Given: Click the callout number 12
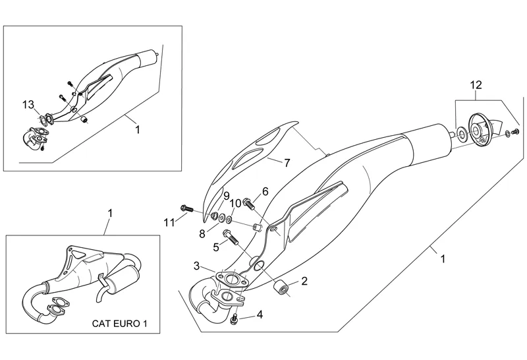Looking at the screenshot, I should point(476,84).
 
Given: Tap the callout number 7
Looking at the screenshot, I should point(287,161).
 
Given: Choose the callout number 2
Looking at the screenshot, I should point(304,282).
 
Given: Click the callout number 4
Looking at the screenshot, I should point(260,315).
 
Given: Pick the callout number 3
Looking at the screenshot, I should point(196,266).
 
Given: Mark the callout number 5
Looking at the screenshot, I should point(215,247).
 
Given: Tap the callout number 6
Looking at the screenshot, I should point(265,191).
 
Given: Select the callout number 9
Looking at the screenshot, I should point(225,196).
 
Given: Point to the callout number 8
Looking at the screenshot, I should point(202,233).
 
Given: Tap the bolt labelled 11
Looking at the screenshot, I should point(186,208).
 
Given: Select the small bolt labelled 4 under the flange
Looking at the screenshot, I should point(235,320).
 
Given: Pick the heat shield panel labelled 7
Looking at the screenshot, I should point(247,158).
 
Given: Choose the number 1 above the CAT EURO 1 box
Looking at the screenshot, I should point(110,213).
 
